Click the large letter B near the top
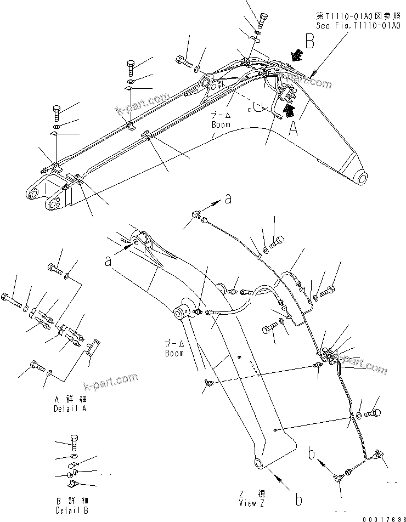309,42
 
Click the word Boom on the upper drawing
221,125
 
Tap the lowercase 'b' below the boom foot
298,500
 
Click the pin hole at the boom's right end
362,178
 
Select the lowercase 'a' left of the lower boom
109,262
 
